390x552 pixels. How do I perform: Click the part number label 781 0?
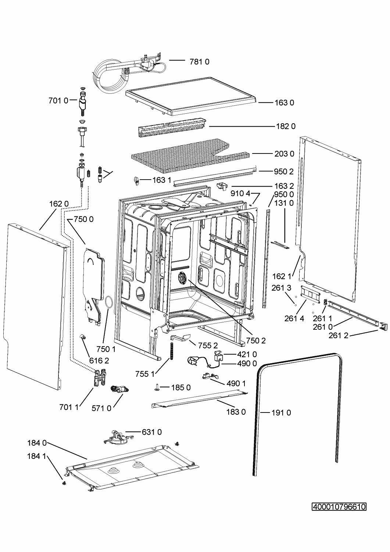pyautogui.click(x=200, y=61)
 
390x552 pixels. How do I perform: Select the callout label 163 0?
pyautogui.click(x=285, y=103)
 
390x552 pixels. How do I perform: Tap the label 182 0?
pyautogui.click(x=286, y=126)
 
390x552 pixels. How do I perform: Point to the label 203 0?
pyautogui.click(x=285, y=154)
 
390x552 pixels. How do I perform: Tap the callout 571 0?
pyautogui.click(x=101, y=408)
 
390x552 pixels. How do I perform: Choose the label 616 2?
pyautogui.click(x=99, y=361)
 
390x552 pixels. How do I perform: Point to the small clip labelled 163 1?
pyautogui.click(x=136, y=181)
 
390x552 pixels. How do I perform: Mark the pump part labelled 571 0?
pyautogui.click(x=119, y=389)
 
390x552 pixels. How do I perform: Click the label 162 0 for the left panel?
pyautogui.click(x=59, y=204)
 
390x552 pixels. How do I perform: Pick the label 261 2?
pyautogui.click(x=339, y=335)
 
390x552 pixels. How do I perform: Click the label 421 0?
pyautogui.click(x=247, y=354)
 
